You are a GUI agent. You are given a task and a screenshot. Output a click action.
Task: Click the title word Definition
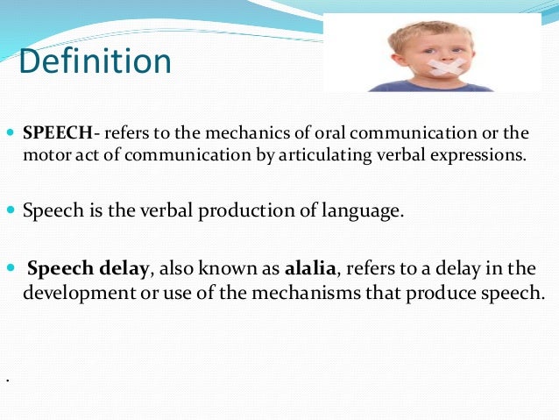95,62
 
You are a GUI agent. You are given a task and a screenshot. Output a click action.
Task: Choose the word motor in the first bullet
41,157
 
